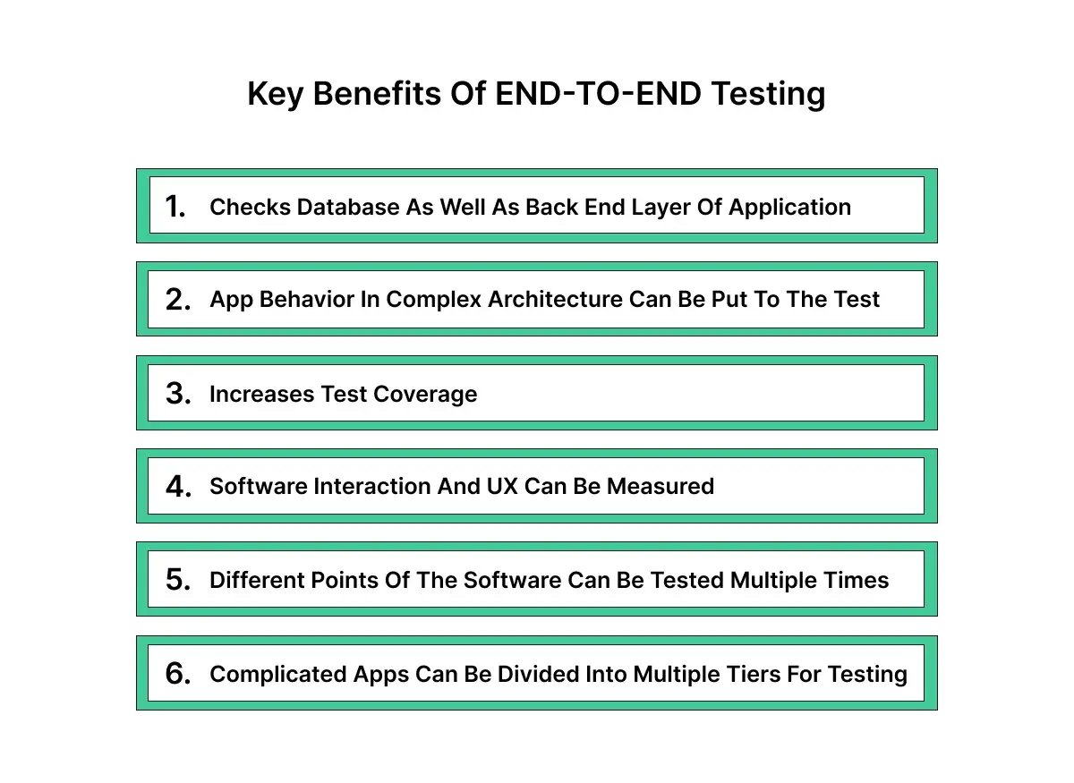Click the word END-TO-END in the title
pos(598,93)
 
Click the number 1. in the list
pos(176,207)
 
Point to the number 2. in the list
pos(178,300)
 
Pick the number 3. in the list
pos(178,394)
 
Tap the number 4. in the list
pos(178,487)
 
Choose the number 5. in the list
pos(178,580)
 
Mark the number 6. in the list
pos(178,674)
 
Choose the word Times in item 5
pos(859,580)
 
